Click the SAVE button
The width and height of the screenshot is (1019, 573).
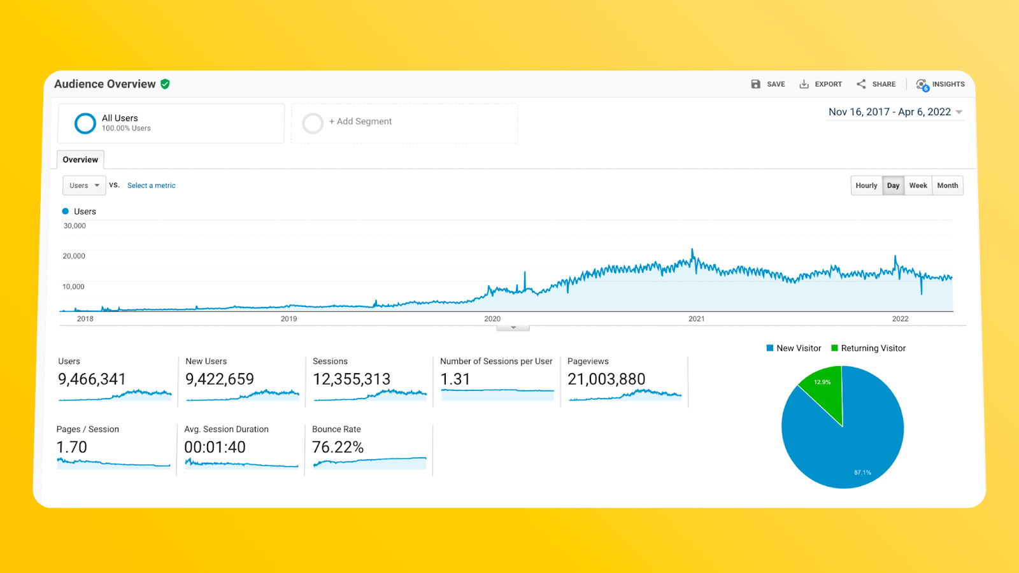(x=768, y=84)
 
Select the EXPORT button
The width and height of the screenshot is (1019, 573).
(x=821, y=84)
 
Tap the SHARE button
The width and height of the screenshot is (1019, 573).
(x=876, y=84)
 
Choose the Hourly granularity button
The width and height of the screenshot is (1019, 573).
(x=866, y=186)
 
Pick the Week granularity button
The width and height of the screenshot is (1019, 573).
(x=918, y=186)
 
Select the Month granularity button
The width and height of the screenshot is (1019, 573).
(x=947, y=186)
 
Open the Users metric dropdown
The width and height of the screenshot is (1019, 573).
(x=84, y=186)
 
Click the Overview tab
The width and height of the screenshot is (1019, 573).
(x=80, y=160)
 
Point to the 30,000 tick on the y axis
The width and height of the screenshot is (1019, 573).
(x=75, y=226)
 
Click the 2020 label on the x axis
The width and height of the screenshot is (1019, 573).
(x=492, y=319)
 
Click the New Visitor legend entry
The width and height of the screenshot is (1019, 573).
(x=794, y=348)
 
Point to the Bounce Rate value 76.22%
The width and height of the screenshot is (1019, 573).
(x=338, y=448)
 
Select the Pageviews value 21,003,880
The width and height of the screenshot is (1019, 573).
(x=606, y=379)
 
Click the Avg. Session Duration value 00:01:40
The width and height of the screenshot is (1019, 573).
(x=215, y=448)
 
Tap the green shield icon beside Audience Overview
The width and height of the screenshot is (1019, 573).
(x=166, y=84)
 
